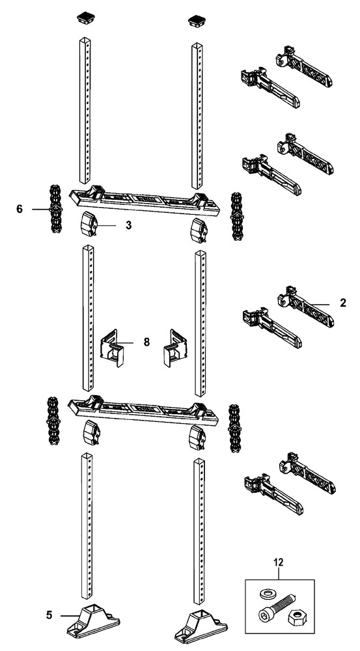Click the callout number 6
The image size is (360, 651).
[20, 209]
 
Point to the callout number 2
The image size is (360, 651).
[342, 303]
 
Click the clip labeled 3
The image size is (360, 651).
[89, 226]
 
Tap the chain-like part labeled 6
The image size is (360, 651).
[55, 209]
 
